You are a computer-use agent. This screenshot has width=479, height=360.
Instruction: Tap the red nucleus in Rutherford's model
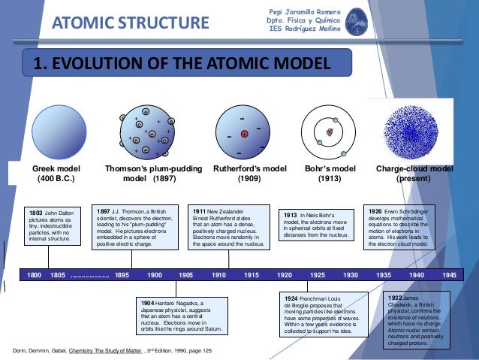coord(244,134)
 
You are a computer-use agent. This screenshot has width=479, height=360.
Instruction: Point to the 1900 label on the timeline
coord(155,276)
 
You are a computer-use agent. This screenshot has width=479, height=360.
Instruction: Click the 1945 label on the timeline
coord(450,276)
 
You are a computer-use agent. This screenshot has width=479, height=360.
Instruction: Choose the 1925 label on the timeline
coord(318,276)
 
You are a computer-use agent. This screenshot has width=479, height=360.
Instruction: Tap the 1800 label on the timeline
coord(35,276)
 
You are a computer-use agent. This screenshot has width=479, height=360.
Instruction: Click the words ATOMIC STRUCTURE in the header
coord(130,23)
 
